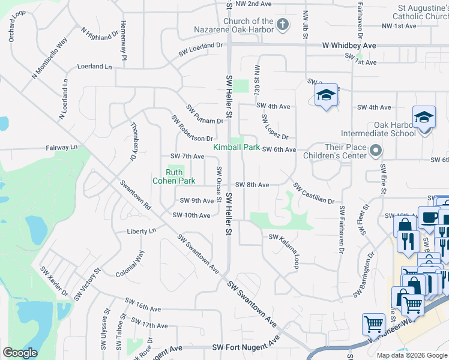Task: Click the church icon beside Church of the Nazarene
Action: [x=284, y=25]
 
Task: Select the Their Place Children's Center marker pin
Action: [x=376, y=150]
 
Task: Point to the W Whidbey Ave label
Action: [x=349, y=46]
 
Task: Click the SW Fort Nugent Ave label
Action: [x=246, y=347]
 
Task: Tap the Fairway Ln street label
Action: [x=62, y=147]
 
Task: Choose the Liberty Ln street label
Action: [x=141, y=230]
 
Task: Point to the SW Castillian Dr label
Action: [x=313, y=192]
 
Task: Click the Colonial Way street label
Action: [x=130, y=263]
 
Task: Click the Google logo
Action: [x=20, y=352]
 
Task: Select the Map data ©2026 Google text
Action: [x=411, y=355]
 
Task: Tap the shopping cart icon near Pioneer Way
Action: [x=373, y=325]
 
